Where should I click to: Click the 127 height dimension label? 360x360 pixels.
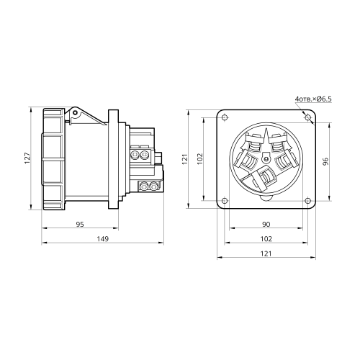point(27,158)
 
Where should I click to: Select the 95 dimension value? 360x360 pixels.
point(80,225)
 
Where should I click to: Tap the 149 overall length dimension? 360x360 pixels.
point(102,239)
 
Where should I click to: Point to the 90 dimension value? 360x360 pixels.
point(266,225)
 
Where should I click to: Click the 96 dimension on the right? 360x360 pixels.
point(325,161)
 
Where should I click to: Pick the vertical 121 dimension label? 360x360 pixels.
point(185,159)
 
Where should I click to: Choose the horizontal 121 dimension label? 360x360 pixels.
point(266,253)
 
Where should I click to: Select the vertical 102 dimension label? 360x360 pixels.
point(200,159)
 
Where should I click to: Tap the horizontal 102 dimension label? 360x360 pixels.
point(266,239)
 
